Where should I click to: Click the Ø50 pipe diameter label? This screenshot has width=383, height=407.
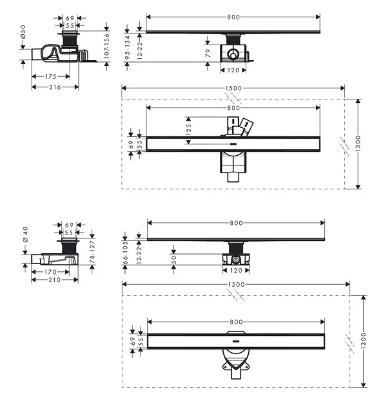23,32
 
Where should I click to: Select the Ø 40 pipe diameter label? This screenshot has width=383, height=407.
25,235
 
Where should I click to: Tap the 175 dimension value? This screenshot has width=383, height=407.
50,77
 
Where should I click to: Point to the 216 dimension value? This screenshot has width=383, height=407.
55,87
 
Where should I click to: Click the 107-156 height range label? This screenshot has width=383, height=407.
106,46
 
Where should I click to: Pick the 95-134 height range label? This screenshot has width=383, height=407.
127,48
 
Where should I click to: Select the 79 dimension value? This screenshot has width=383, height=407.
208,53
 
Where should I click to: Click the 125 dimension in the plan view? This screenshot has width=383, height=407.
189,129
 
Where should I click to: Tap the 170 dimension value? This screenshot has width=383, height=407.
50,272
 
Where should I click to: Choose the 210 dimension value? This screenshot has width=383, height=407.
54,280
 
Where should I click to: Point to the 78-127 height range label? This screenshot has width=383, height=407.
92,251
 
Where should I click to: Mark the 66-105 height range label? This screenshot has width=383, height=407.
125,253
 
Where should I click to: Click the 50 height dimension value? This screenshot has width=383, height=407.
174,260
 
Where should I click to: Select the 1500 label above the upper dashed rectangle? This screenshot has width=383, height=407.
233,89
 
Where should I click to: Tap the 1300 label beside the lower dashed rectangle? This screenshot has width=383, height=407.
363,340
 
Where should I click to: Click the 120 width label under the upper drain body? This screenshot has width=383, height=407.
233,70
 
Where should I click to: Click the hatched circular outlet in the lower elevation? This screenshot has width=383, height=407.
236,259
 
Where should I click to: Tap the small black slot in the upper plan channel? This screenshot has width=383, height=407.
233,143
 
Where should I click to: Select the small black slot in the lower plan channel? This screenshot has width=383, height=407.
236,341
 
